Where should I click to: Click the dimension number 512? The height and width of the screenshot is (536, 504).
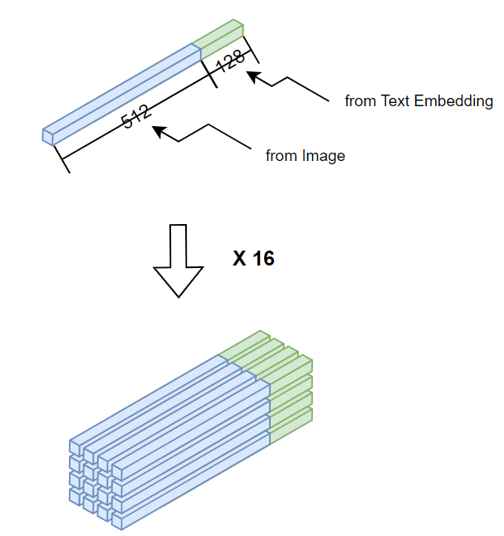pos(136,115)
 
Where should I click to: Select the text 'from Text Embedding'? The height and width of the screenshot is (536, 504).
pos(419,101)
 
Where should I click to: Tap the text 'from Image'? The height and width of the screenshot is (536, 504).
pos(305,155)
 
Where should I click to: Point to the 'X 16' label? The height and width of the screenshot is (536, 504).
pos(253,258)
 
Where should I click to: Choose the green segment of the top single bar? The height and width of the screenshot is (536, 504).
pos(219,38)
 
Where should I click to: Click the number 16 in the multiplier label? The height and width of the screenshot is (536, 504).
pos(264,258)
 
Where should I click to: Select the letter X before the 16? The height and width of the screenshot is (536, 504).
pos(239,258)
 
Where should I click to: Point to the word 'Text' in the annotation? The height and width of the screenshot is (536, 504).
pos(394,101)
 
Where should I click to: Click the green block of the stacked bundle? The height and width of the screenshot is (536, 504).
pos(286,390)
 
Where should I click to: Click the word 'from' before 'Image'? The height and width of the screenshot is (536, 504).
pos(279,155)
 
